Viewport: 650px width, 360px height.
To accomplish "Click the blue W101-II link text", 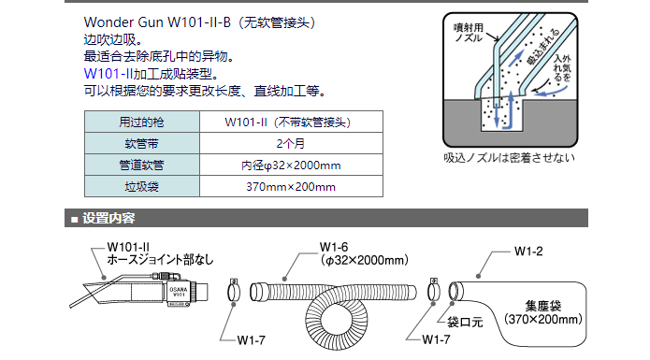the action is point(108,74).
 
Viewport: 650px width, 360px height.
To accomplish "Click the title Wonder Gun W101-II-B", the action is point(157,22).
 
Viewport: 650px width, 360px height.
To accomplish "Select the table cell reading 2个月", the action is point(291,143).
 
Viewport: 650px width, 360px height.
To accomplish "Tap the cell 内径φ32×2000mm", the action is point(291,165).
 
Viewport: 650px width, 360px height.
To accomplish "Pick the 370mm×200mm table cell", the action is point(291,186).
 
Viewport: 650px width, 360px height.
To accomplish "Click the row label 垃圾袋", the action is point(142,186).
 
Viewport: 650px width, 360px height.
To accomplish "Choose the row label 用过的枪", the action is point(142,122).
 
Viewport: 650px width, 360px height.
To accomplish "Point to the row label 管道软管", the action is point(142,165).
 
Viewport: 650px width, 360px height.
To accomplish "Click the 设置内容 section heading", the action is point(108,218).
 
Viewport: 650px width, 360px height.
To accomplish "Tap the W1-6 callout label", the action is point(334,247).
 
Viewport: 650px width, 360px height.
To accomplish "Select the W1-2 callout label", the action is point(528,252).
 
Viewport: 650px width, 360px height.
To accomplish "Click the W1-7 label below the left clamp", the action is point(252,340).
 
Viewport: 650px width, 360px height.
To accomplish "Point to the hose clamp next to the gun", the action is point(234,291).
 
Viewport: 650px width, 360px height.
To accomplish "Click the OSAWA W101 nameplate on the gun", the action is point(179,292).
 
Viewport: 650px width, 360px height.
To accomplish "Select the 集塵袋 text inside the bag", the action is point(543,306).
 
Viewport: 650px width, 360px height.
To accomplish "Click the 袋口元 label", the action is point(465,322).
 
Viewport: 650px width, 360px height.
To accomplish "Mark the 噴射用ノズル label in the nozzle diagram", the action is point(469,33).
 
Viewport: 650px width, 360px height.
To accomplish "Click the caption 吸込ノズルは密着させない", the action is point(510,158).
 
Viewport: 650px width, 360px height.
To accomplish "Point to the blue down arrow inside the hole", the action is point(497,111).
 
